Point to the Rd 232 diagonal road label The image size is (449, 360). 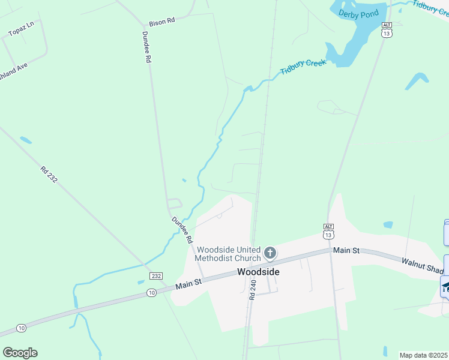pos(49,174)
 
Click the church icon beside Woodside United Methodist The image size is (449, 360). pos(270,253)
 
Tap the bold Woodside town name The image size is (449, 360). pos(258,271)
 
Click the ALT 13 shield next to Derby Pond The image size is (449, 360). pos(387,30)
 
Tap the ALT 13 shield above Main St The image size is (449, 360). pos(328,231)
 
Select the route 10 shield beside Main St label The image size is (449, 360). pos(151,293)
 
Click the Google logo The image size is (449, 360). pos(20,352)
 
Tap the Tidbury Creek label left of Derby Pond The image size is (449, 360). pos(303,67)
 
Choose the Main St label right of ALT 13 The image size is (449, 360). pos(346,250)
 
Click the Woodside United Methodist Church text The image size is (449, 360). pos(229,254)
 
